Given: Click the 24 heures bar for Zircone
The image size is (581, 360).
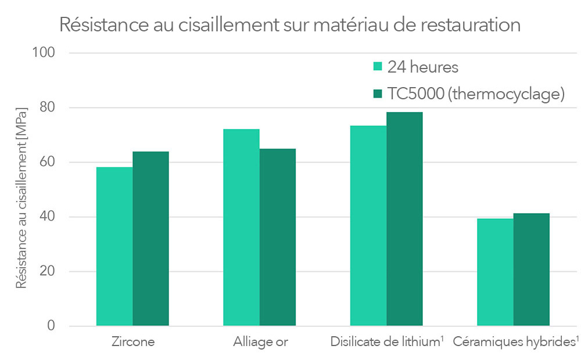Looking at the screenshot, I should [x=114, y=246].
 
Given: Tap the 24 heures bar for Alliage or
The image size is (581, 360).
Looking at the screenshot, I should [x=241, y=227].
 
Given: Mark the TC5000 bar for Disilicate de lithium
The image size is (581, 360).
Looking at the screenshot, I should [x=404, y=219].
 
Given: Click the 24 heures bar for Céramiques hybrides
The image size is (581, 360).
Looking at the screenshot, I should [x=495, y=272].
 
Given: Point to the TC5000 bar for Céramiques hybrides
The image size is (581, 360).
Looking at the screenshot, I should [x=531, y=269].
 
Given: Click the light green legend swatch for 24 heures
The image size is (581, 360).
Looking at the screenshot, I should [x=377, y=67].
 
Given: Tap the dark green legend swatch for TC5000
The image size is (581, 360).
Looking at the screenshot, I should [x=377, y=93].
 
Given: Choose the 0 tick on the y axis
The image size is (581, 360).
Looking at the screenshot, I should [x=51, y=326].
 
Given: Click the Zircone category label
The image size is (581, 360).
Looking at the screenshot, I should [x=133, y=341].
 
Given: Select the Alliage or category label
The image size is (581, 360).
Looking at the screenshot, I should [x=260, y=341].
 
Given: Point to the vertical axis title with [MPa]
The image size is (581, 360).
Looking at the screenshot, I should [x=21, y=197].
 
